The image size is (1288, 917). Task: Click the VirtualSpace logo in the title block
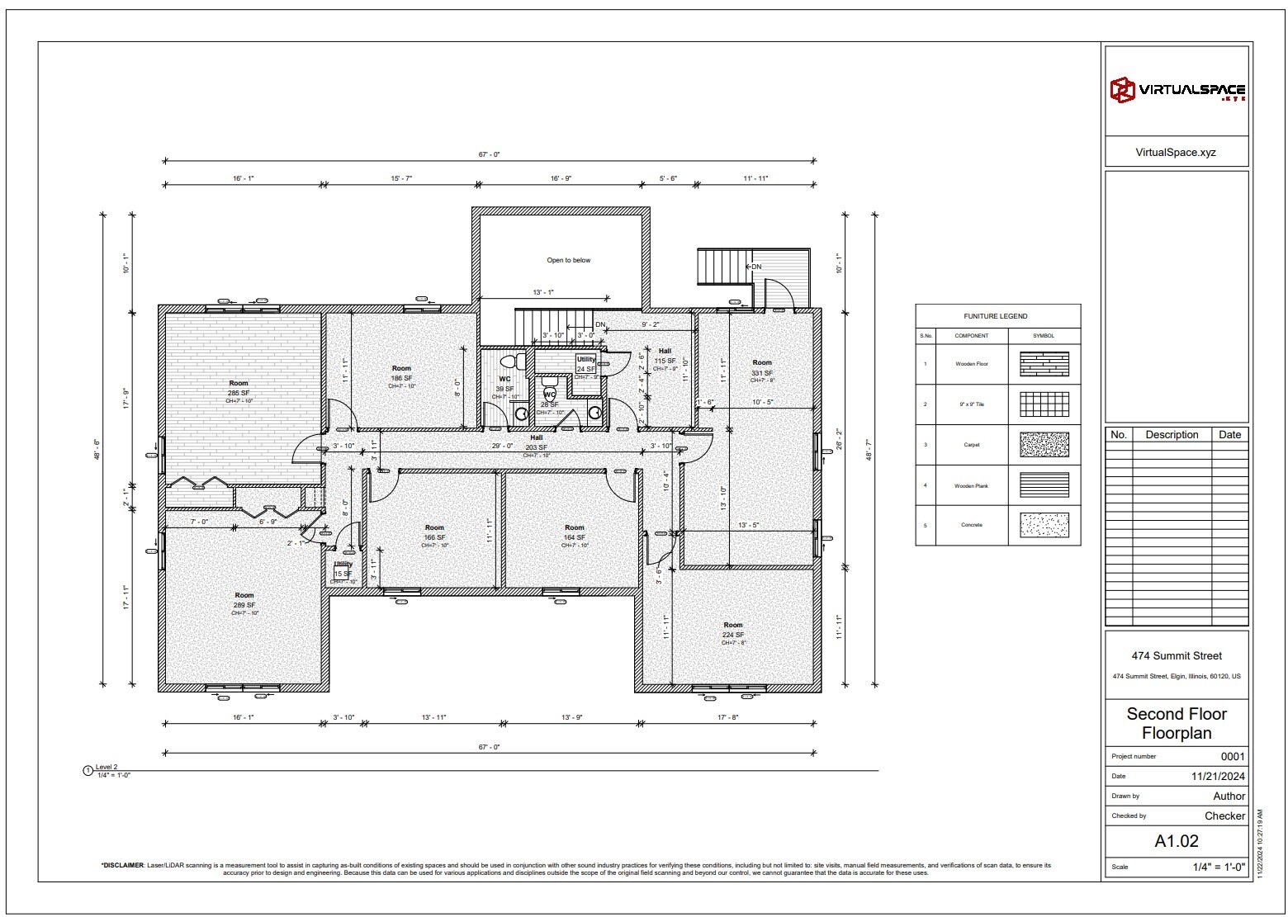pos(1177,90)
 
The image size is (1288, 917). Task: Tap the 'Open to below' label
pos(568,260)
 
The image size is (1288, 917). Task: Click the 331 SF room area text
pos(761,373)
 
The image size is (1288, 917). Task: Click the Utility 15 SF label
pos(343,569)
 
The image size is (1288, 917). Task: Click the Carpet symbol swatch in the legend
pos(1044,445)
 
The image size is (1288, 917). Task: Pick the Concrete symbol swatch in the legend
pos(1044,525)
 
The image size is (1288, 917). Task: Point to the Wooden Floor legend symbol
pos(1044,364)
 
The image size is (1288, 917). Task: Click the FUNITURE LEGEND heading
pos(996,316)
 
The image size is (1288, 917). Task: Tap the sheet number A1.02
pos(1176,841)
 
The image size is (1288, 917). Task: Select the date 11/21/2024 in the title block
pos(1218,776)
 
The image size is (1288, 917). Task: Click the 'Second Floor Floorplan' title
pos(1176,723)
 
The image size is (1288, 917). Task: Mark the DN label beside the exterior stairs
pos(755,267)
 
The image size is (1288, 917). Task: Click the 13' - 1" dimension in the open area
pos(543,292)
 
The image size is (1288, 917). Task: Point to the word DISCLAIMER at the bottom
pos(122,865)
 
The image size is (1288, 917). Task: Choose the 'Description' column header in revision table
pos(1171,434)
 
